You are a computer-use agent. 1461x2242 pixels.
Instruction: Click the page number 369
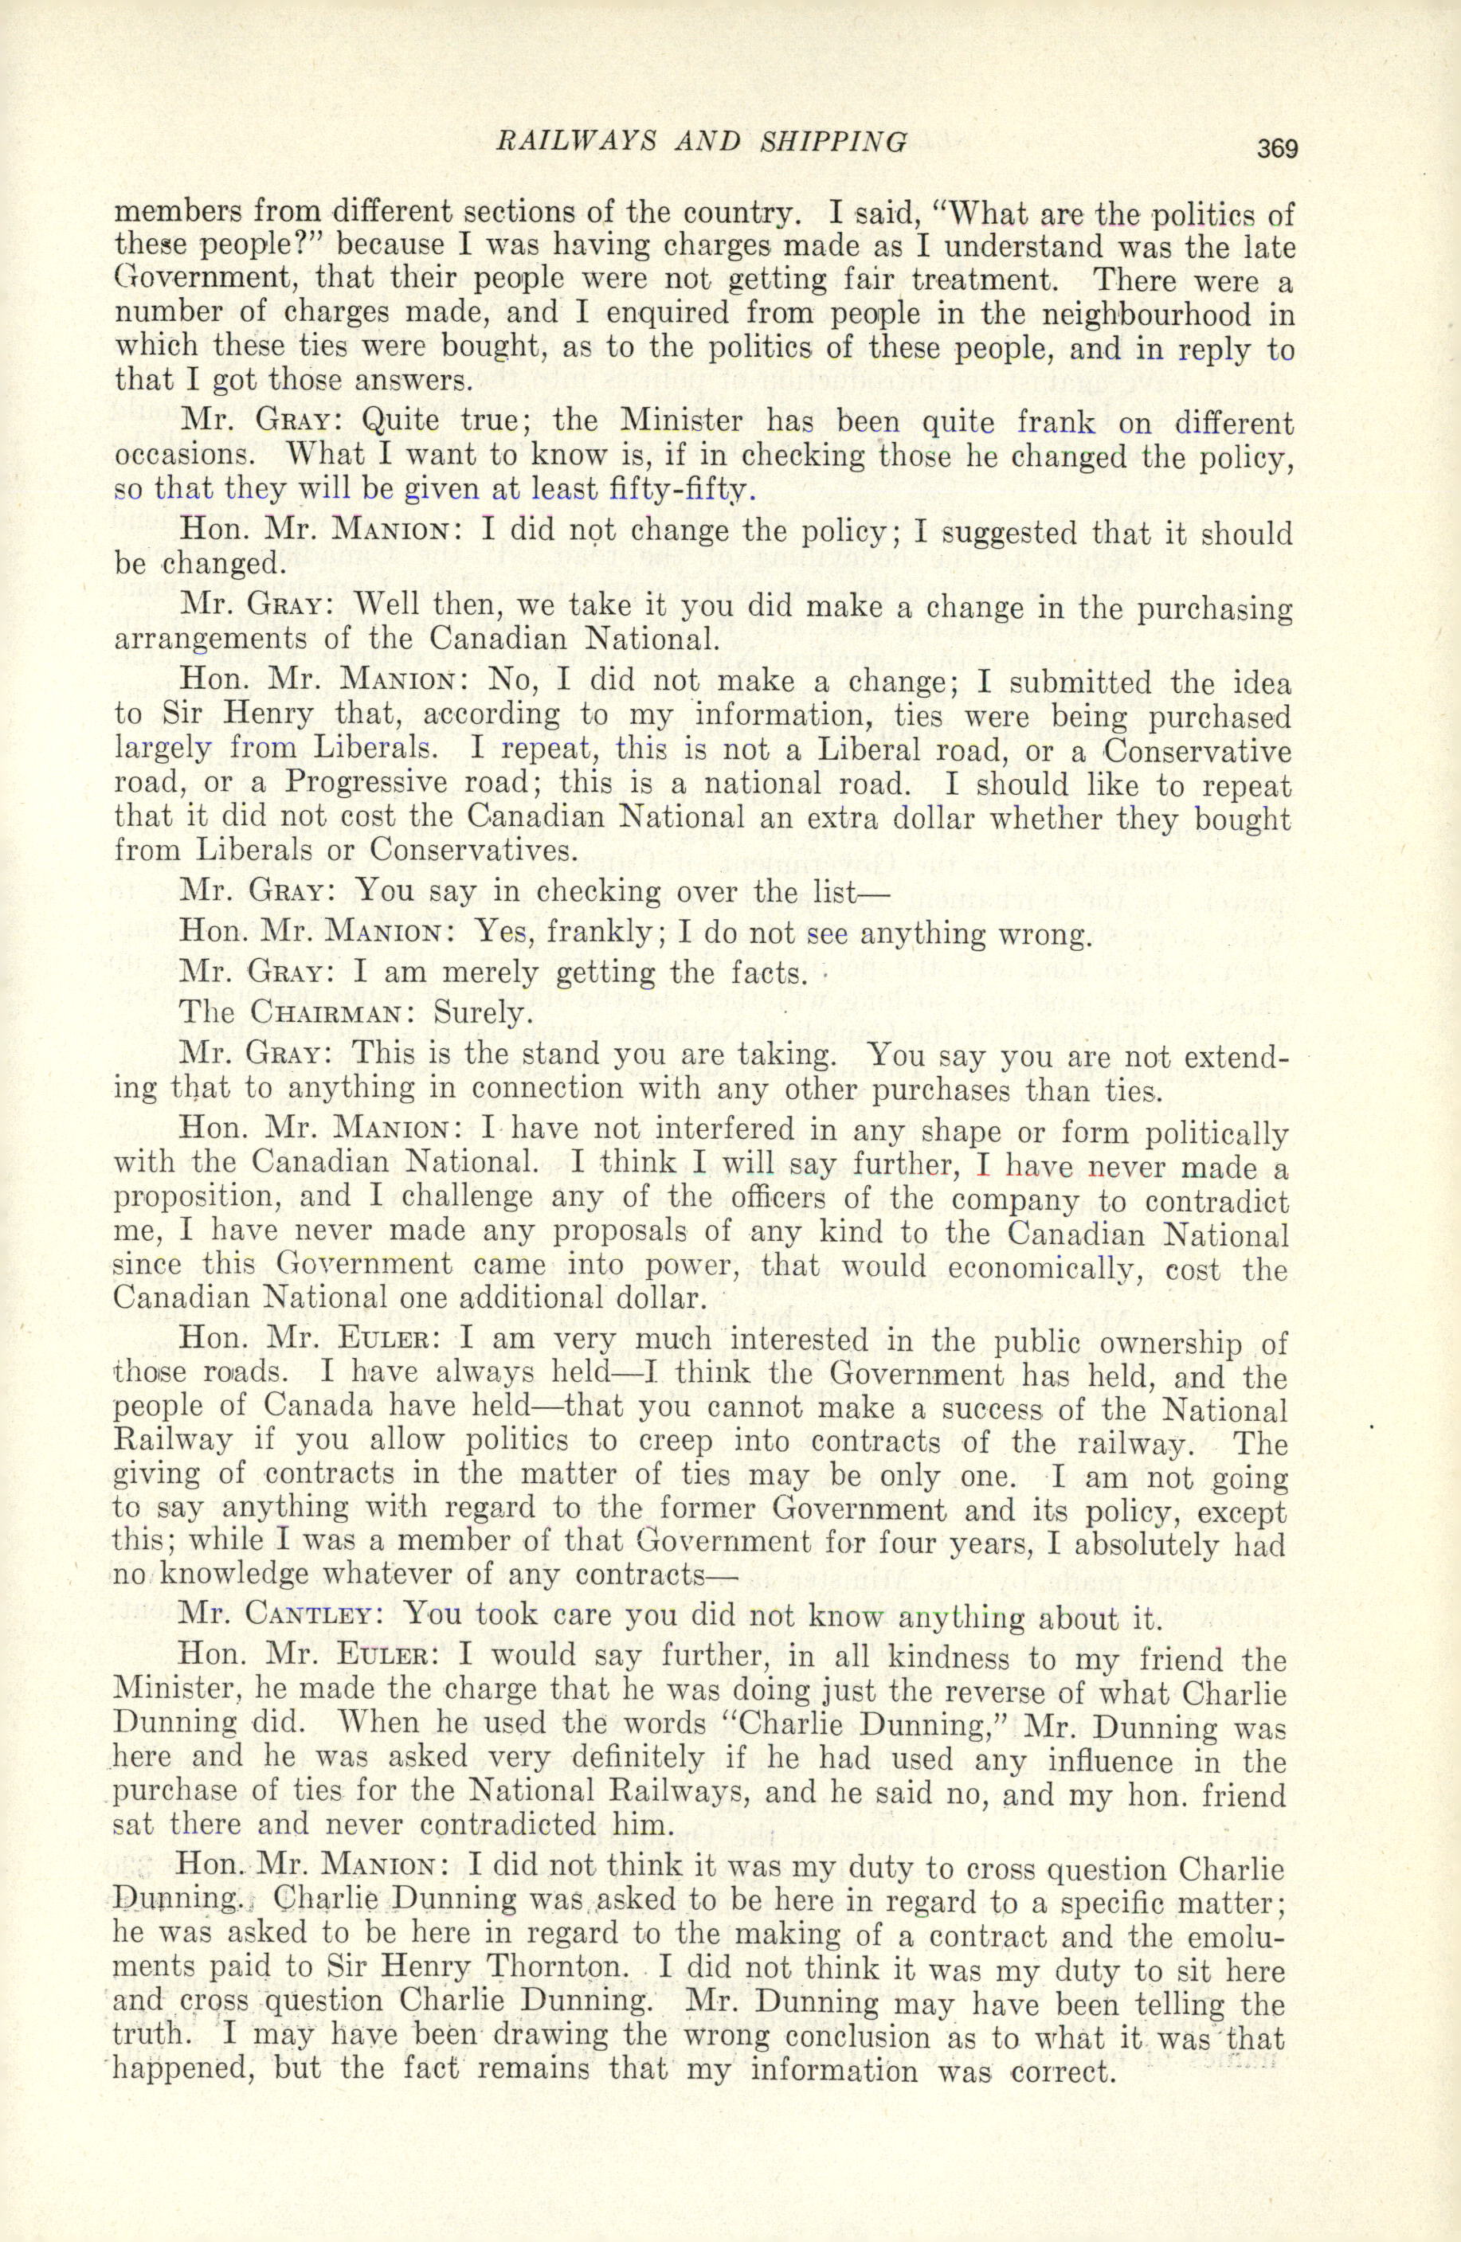[x=1276, y=149]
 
